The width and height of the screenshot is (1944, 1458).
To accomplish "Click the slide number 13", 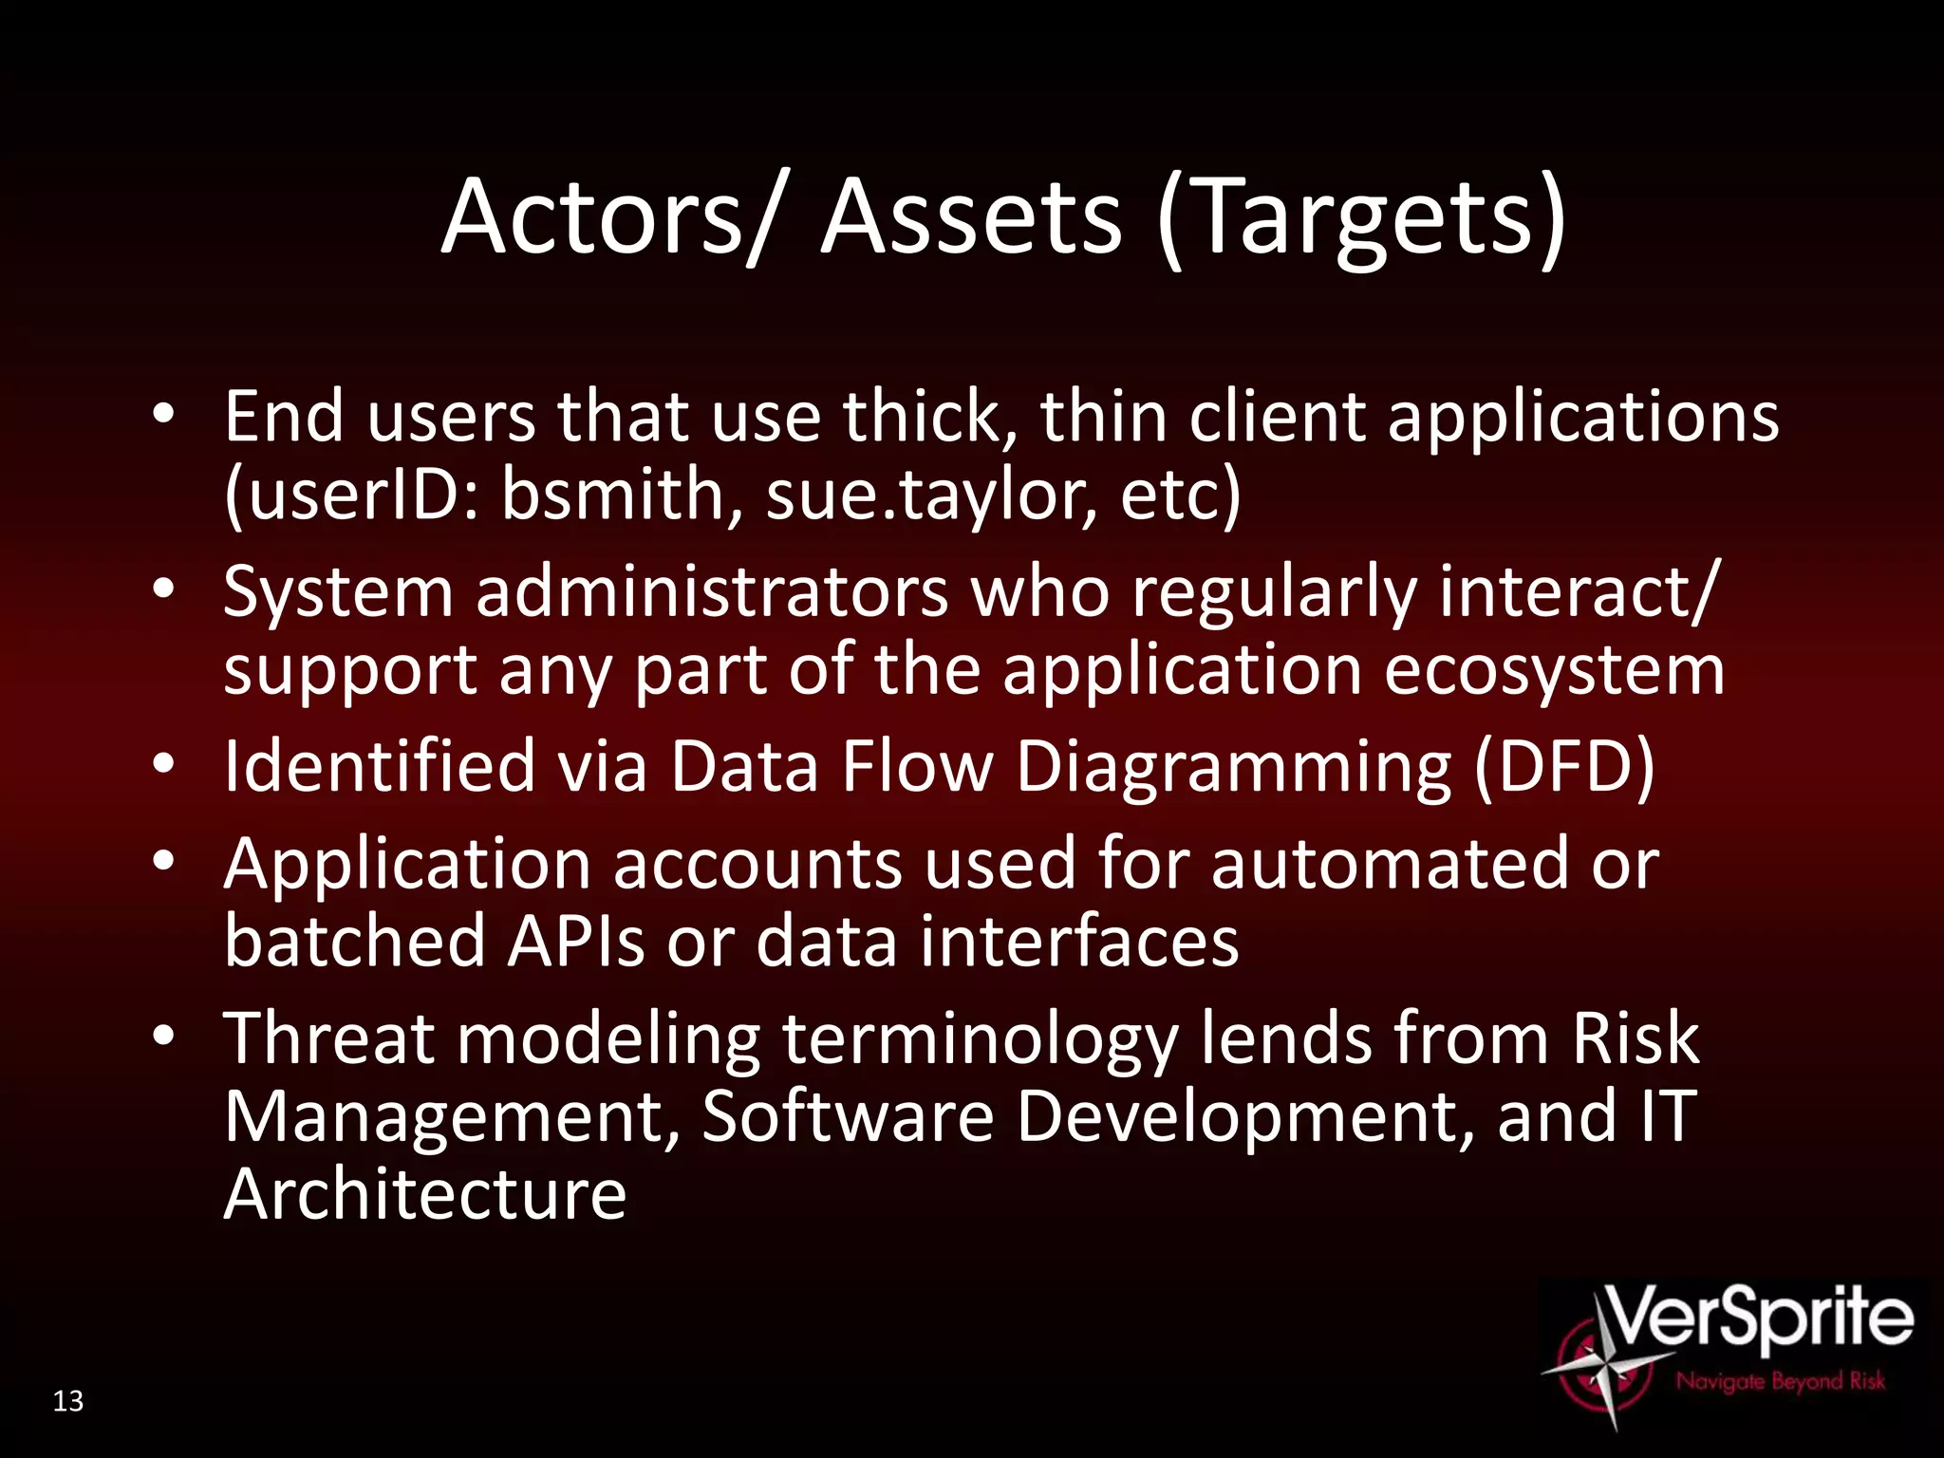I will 68,1401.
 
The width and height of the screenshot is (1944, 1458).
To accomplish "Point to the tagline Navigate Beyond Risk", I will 1780,1381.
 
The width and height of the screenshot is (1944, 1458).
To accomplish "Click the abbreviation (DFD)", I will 1564,766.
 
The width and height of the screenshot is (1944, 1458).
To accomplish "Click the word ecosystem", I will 1554,670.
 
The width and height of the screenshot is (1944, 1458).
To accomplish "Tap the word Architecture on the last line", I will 425,1194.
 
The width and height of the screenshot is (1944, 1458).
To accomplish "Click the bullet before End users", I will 163,415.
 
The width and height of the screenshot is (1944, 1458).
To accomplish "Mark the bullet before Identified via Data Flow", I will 163,764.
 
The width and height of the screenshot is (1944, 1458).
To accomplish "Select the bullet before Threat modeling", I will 163,1037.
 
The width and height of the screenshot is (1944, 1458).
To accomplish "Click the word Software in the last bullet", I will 848,1116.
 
